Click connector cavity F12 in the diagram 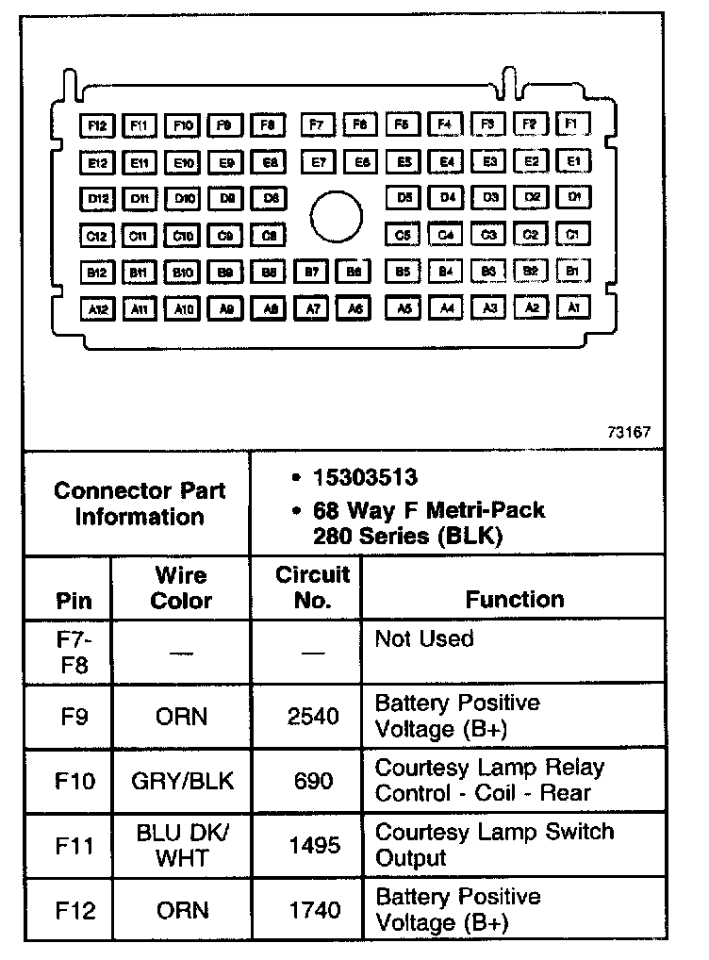coord(98,124)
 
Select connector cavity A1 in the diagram coord(573,306)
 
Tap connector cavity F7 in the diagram coord(318,124)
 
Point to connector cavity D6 coord(270,198)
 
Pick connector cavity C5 coord(404,235)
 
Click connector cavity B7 coord(311,272)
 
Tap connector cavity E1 coord(573,161)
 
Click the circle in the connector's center coord(337,217)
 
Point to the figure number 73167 coord(629,433)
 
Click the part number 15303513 coord(366,478)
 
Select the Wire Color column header coord(181,588)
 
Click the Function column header coord(515,599)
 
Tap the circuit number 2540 coord(313,717)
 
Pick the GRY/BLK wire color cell coord(181,781)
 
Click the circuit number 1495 coord(313,845)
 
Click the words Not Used coord(424,639)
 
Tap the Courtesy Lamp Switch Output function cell coord(494,845)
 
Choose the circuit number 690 coord(313,781)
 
